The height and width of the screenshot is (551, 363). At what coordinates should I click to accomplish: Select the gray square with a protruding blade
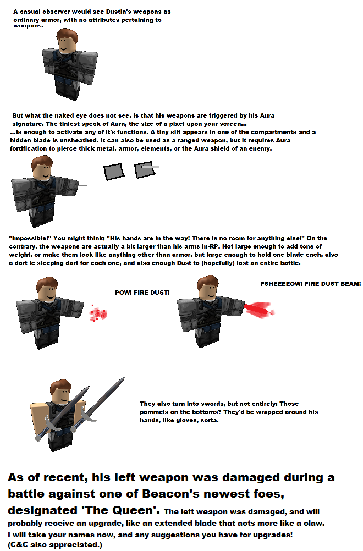(x=145, y=169)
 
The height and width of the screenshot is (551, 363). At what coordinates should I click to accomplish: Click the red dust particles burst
(x=99, y=313)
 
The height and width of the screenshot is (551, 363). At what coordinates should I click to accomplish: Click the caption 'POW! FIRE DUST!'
(x=142, y=292)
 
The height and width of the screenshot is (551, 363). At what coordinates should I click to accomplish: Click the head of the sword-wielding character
(x=61, y=392)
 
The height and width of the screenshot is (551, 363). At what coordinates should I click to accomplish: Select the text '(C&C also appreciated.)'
(x=55, y=544)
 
